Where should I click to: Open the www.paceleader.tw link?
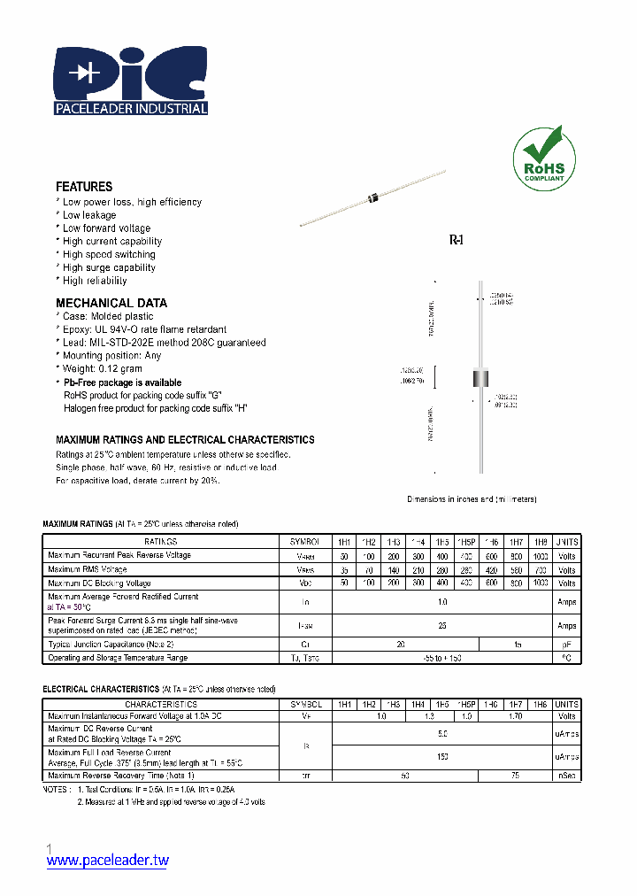(107, 860)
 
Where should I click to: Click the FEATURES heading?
(84, 187)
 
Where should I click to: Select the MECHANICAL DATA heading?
(111, 303)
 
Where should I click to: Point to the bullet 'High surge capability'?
(109, 267)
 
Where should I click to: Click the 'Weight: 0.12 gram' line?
(103, 368)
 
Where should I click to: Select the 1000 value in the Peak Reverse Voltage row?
(541, 555)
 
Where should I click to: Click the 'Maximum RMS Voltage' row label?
(88, 569)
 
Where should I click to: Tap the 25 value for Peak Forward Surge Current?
(442, 625)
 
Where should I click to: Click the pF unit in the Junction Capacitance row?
(566, 645)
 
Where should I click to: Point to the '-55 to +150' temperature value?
(442, 658)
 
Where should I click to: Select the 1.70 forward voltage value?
(515, 715)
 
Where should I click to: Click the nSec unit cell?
(566, 776)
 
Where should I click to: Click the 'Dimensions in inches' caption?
(472, 499)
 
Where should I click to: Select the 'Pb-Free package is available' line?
(122, 382)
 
